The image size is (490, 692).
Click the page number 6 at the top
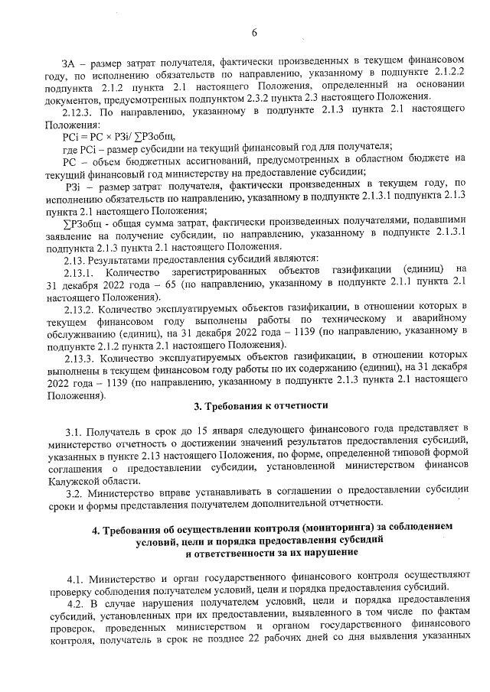click(x=253, y=31)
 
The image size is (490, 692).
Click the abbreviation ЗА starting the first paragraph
click(x=70, y=60)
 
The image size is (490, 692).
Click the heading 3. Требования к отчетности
click(x=260, y=404)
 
